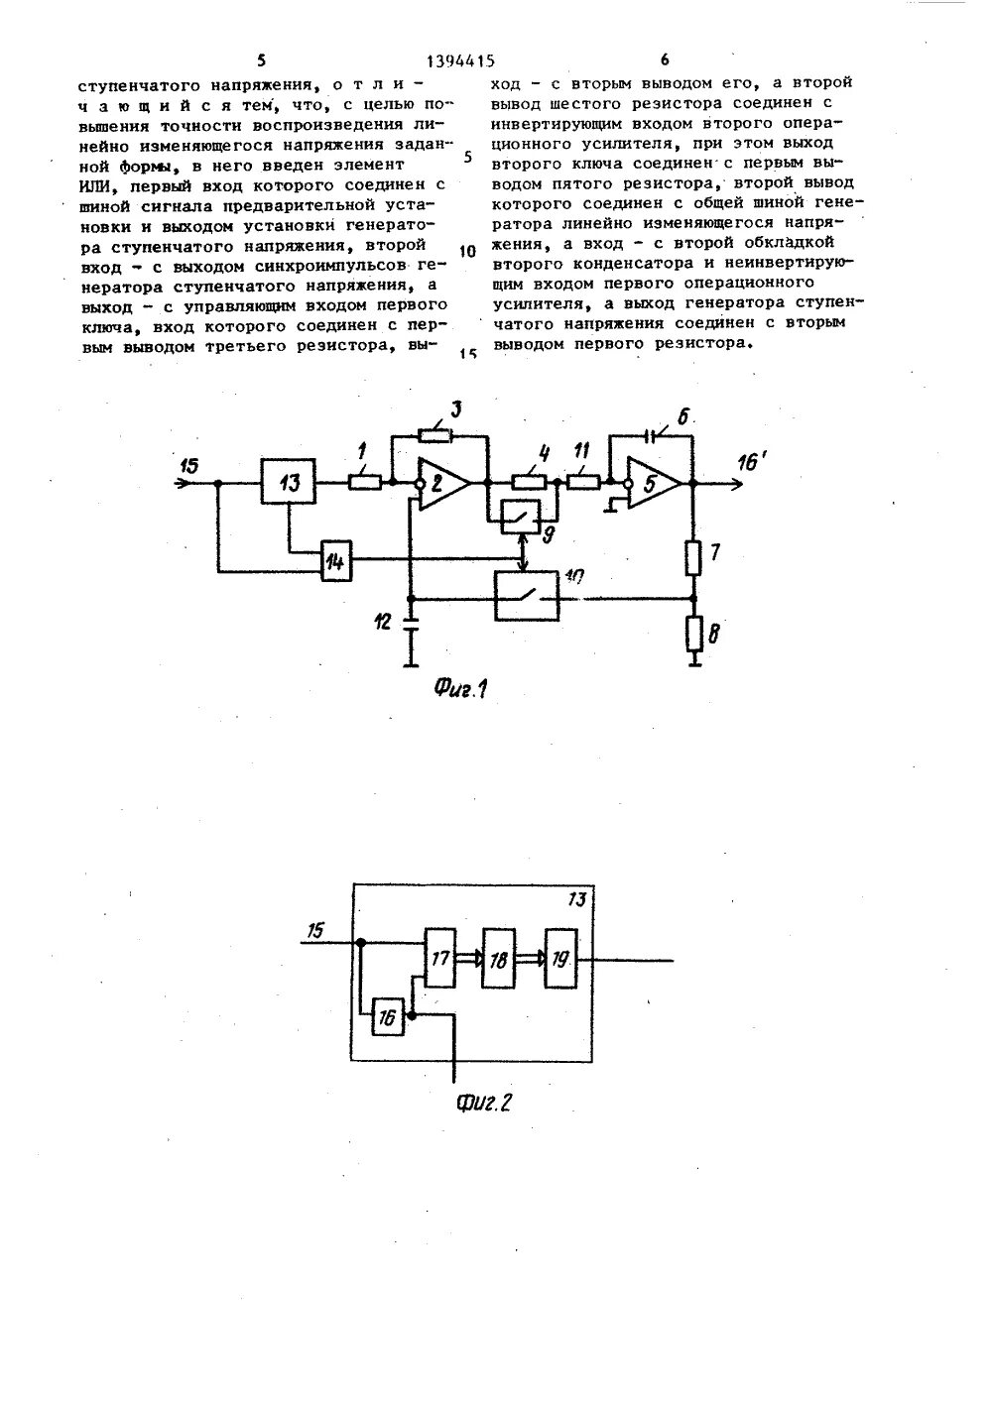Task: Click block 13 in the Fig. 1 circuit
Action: click(288, 483)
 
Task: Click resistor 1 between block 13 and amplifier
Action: click(364, 483)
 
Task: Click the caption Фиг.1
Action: click(463, 688)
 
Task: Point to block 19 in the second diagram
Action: click(560, 959)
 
